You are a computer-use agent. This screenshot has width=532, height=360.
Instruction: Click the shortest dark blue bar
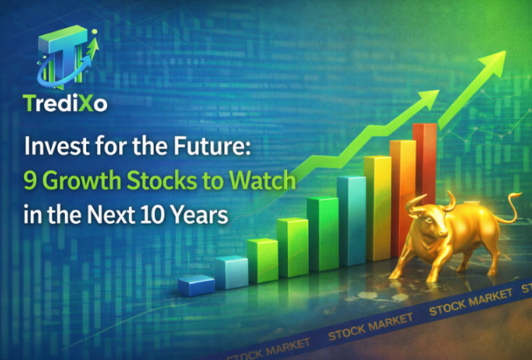pos(196,285)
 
